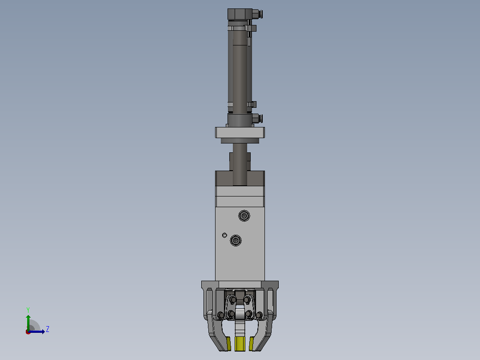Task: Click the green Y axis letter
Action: click(x=28, y=310)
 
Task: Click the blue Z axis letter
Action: click(x=48, y=329)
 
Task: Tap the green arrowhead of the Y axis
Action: click(x=28, y=317)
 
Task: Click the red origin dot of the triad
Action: click(x=28, y=332)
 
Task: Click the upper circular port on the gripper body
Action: click(x=244, y=216)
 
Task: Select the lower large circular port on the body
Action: click(x=236, y=241)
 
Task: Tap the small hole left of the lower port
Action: click(x=224, y=235)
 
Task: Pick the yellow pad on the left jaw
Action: click(x=228, y=344)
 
